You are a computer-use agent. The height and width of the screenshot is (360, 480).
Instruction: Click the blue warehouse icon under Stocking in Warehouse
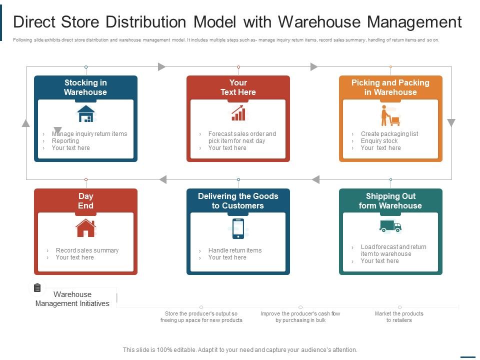pyautogui.click(x=86, y=114)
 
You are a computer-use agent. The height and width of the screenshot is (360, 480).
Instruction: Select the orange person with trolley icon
pyautogui.click(x=390, y=115)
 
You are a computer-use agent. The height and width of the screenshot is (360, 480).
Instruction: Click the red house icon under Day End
pyautogui.click(x=86, y=228)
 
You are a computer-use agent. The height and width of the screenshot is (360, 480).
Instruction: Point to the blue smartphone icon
pyautogui.click(x=238, y=228)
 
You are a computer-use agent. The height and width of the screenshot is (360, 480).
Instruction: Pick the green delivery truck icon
pyautogui.click(x=390, y=226)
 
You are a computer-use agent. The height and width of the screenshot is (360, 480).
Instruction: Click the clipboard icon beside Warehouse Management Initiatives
pyautogui.click(x=37, y=287)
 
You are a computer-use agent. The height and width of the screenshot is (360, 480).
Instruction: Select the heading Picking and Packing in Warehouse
pyautogui.click(x=390, y=87)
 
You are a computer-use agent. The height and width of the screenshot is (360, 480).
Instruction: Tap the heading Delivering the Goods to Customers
pyautogui.click(x=238, y=200)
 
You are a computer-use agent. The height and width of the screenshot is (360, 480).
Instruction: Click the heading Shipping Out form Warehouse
pyautogui.click(x=390, y=200)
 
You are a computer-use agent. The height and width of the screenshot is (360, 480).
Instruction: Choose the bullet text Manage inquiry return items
pyautogui.click(x=89, y=134)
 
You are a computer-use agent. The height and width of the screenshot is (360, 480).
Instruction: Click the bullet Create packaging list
pyautogui.click(x=389, y=134)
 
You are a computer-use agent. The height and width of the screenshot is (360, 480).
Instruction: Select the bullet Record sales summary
pyautogui.click(x=87, y=250)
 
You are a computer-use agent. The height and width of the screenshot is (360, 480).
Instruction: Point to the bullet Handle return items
pyautogui.click(x=235, y=250)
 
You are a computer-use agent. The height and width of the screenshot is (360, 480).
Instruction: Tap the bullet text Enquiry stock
pyautogui.click(x=379, y=141)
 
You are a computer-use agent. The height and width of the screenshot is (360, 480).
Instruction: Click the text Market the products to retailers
pyautogui.click(x=399, y=317)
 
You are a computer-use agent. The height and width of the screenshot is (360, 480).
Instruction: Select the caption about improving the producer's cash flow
pyautogui.click(x=300, y=317)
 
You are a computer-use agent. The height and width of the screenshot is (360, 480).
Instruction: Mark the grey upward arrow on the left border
pyautogui.click(x=26, y=123)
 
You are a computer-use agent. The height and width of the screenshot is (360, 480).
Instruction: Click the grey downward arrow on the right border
pyautogui.click(x=451, y=123)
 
